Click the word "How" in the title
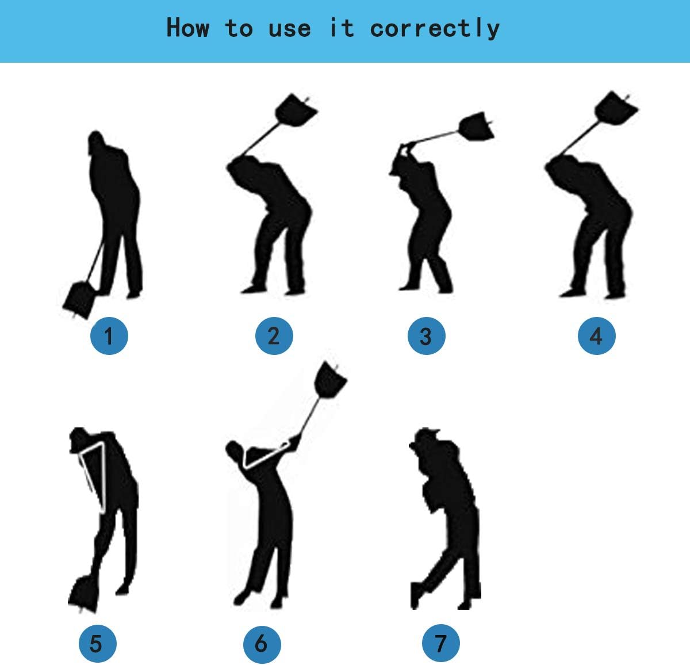[187, 28]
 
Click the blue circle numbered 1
[109, 335]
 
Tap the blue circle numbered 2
[274, 335]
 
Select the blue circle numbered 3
[426, 336]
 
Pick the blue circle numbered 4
[596, 336]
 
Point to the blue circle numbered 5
[97, 643]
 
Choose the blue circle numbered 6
[262, 643]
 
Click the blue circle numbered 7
[441, 643]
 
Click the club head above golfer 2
[297, 110]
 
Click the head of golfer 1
[97, 144]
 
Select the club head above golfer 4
[615, 110]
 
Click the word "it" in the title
[341, 28]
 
